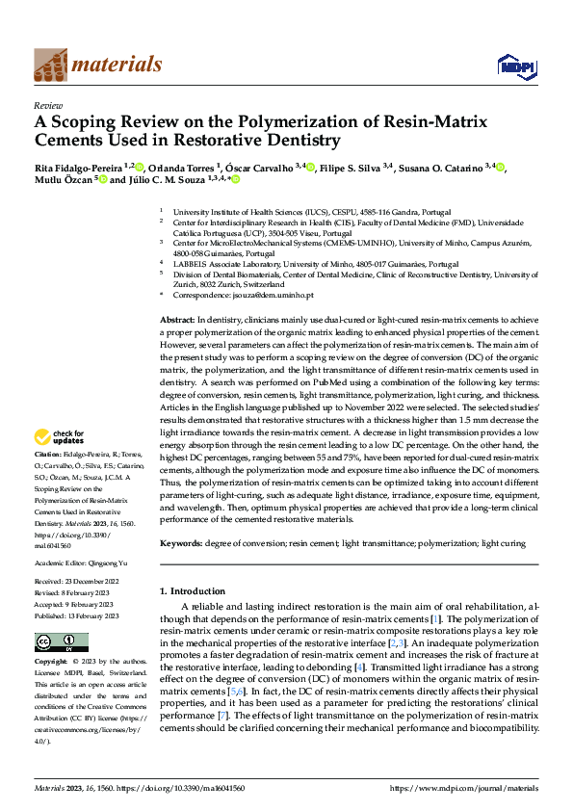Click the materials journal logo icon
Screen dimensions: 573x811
[50, 64]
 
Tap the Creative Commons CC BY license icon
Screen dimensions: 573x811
[62, 642]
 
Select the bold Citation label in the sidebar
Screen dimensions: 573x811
[48, 453]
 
